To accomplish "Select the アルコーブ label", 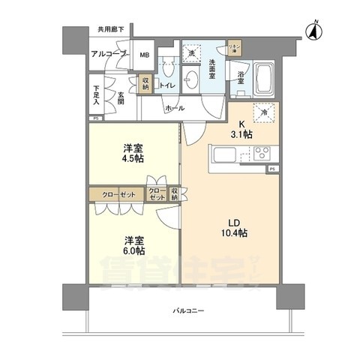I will (x=109, y=55).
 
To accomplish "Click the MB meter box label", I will (x=145, y=55).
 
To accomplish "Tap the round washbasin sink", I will (x=193, y=79).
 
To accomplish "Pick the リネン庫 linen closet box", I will (x=235, y=49).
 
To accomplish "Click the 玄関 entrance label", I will (x=121, y=97).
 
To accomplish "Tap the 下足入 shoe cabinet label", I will (x=97, y=94).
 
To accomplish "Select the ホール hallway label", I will (x=174, y=109).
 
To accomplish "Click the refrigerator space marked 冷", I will (x=264, y=112).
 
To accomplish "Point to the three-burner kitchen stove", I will (x=262, y=154).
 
